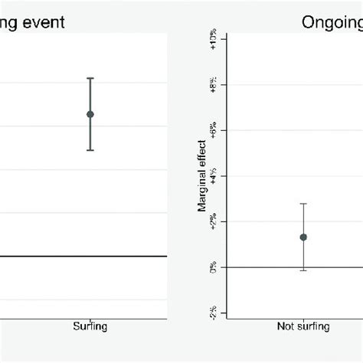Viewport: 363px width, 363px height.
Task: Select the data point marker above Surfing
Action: tap(90, 114)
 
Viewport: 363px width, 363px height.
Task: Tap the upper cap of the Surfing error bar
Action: tap(90, 78)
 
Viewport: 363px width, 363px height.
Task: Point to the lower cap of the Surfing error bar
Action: tap(90, 150)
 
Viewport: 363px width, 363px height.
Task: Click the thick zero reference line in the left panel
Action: tap(46, 257)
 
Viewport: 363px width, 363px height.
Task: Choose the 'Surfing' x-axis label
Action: tap(90, 326)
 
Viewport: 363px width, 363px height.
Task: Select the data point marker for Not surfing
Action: tap(303, 237)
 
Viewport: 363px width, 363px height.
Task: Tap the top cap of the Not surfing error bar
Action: tap(303, 204)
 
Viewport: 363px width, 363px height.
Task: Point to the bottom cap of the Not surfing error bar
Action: tap(303, 270)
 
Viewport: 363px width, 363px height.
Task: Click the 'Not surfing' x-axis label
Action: tap(303, 326)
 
